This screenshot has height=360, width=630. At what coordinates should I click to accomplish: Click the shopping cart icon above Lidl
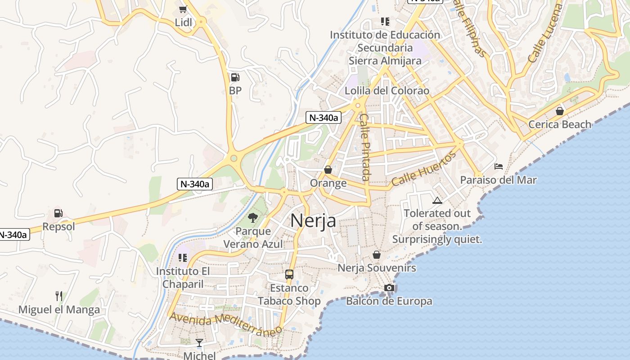click(183, 9)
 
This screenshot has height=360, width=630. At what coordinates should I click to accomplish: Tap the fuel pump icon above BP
click(235, 77)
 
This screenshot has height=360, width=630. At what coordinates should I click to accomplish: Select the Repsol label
click(58, 226)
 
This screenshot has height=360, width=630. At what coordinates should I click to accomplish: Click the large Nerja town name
click(313, 220)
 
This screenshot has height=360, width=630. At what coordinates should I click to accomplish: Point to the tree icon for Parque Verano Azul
click(253, 218)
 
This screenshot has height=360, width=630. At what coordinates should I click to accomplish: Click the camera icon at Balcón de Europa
click(389, 288)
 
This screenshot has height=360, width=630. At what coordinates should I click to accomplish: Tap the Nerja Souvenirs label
click(377, 268)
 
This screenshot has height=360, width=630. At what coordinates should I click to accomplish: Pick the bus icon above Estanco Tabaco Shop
click(289, 274)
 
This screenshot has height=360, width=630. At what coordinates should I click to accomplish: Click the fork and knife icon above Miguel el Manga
click(58, 296)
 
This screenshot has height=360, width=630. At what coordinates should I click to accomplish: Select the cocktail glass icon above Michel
click(199, 343)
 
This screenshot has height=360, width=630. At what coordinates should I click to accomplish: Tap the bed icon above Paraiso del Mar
click(498, 166)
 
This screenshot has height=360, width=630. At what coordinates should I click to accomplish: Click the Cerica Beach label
click(560, 124)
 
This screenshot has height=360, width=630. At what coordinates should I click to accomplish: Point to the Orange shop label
click(328, 183)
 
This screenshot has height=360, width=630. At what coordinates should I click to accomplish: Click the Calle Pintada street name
click(365, 147)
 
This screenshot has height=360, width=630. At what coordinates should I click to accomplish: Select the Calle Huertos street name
click(423, 169)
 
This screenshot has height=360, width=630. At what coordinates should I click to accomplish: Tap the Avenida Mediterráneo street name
click(225, 323)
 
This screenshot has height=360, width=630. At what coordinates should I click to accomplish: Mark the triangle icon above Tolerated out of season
click(436, 200)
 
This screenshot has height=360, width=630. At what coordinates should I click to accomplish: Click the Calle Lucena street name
click(545, 33)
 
